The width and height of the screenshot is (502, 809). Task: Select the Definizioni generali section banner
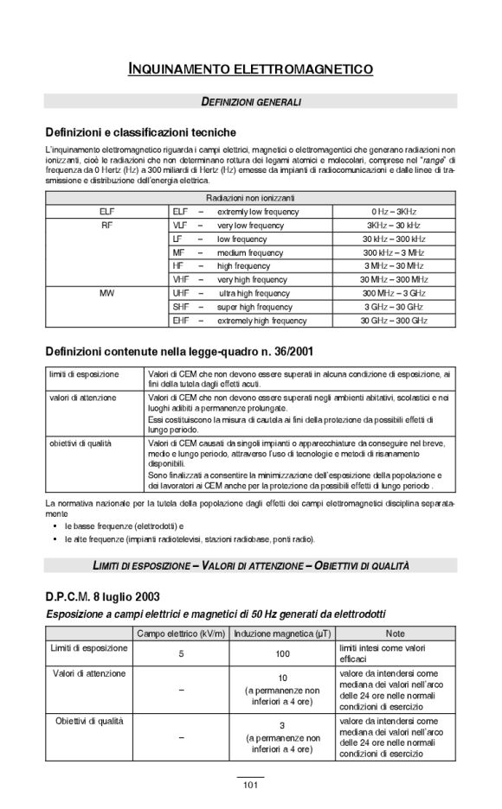pos(250,102)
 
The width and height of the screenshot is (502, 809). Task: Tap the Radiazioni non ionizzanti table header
pos(250,198)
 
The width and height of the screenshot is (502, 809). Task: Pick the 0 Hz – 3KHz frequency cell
pos(394,211)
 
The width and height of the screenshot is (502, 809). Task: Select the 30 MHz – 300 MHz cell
pos(394,279)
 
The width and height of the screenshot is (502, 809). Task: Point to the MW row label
pos(106,293)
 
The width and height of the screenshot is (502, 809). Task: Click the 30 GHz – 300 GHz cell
pos(394,321)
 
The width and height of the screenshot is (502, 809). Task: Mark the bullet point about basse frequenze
pos(125,525)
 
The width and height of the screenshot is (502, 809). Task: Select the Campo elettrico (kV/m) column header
pos(181,634)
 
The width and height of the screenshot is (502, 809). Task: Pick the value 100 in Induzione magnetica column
pos(282,654)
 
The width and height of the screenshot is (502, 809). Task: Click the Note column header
pos(395,634)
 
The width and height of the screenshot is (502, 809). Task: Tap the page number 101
pos(250,785)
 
